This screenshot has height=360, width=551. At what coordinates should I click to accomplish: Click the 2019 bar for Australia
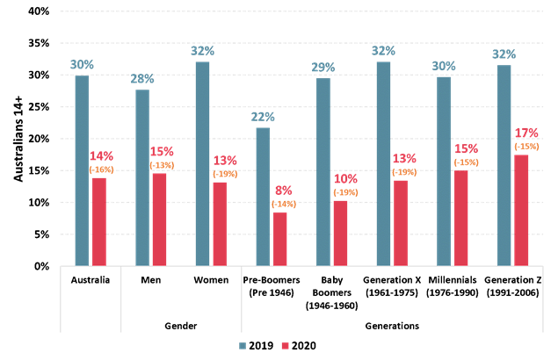tap(82, 170)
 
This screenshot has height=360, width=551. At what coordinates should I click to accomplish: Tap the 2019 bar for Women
tap(202, 163)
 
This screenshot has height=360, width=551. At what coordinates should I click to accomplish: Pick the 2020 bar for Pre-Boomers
tap(279, 238)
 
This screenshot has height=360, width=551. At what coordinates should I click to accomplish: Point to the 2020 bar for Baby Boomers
tap(340, 233)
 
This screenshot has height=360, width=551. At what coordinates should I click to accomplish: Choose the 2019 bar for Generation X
tap(383, 163)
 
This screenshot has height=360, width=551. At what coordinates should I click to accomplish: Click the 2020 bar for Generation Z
tap(520, 211)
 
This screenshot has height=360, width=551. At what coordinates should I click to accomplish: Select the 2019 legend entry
tap(256, 346)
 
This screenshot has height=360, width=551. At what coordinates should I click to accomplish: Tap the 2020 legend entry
tap(301, 346)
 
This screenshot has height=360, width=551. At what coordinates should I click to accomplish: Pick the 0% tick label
tap(40, 266)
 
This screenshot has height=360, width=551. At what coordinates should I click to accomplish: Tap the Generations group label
tap(392, 326)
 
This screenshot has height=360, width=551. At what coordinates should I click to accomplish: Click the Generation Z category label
tap(512, 289)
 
